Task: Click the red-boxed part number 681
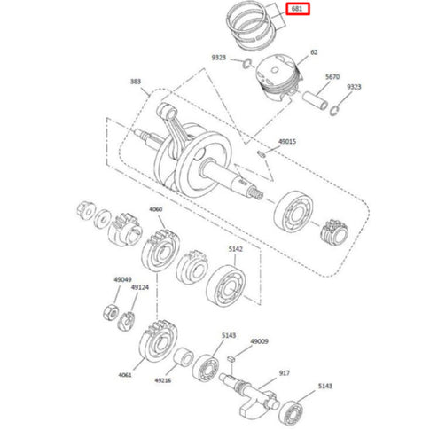[297, 9]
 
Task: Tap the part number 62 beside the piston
[314, 52]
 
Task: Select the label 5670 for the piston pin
[332, 77]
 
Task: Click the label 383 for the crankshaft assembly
[136, 82]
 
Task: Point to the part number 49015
[287, 142]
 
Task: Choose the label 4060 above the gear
[155, 209]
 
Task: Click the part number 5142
[236, 249]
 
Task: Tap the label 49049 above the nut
[122, 279]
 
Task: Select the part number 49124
[140, 287]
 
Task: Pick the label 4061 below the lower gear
[125, 375]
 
